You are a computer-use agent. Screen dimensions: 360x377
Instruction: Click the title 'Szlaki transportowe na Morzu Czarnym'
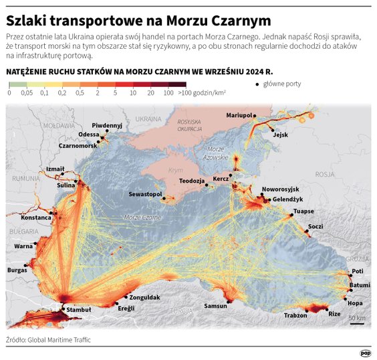(138, 20)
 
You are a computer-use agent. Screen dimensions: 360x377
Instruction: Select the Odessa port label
(89, 134)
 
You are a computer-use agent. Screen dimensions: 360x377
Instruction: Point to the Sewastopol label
(146, 194)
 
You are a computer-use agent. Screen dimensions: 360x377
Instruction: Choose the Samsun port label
(215, 306)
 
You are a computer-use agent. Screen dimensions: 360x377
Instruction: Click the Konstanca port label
(36, 217)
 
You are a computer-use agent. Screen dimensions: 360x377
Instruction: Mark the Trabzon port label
(295, 314)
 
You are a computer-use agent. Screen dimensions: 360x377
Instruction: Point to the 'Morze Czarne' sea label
(142, 217)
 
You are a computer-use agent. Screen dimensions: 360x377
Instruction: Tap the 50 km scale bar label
(357, 318)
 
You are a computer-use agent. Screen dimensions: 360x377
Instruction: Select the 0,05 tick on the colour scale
(27, 93)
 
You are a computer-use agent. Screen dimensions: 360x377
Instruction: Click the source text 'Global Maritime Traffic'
(59, 340)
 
